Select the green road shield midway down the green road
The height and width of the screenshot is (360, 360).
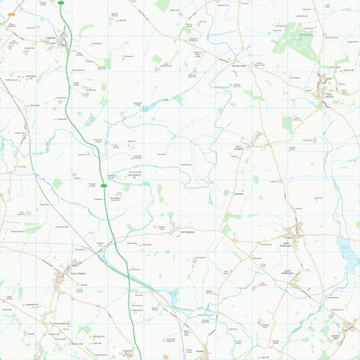[104, 185]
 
